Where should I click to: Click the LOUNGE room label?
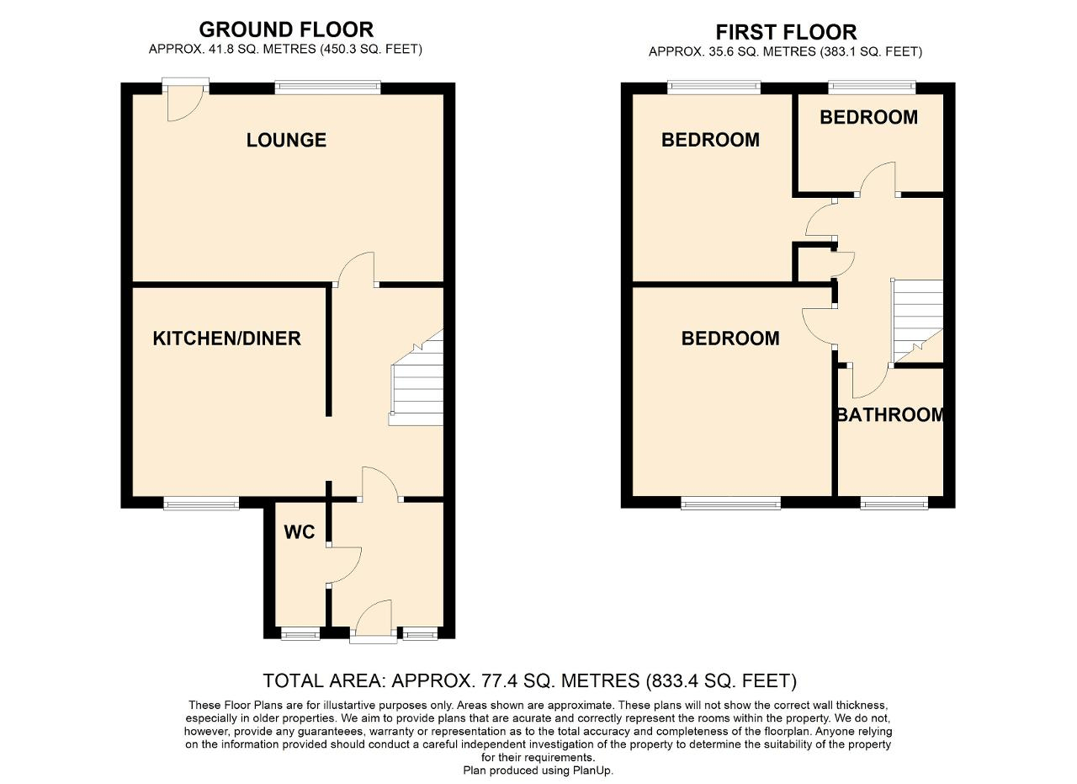point(286,140)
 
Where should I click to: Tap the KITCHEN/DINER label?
point(226,339)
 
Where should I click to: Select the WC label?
point(299,532)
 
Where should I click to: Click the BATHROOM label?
point(890,415)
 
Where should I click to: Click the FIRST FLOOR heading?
point(786,33)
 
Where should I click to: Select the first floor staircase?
point(917,320)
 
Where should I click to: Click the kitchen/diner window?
point(201,504)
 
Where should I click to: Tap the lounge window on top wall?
point(327,87)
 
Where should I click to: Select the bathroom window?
point(894,504)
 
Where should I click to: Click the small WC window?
point(300,634)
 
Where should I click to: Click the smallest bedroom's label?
point(868,118)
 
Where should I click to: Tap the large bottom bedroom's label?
point(729,339)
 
